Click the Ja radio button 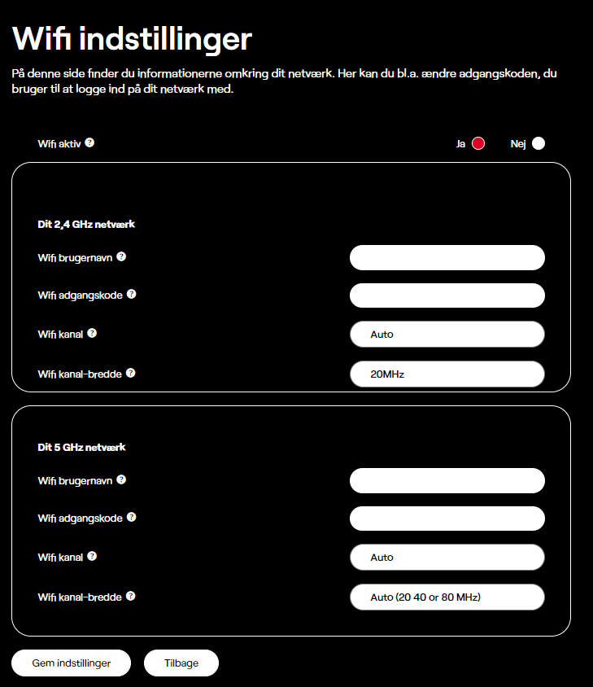[x=478, y=144]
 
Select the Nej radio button [x=538, y=144]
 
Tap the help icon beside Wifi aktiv [x=89, y=142]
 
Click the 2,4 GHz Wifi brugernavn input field [x=447, y=257]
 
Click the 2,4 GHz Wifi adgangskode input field [x=447, y=295]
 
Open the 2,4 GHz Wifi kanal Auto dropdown [x=447, y=334]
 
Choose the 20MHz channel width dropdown [x=447, y=374]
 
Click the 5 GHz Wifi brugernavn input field [x=447, y=480]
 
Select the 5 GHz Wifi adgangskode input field [x=447, y=519]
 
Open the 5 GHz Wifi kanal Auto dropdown [x=447, y=558]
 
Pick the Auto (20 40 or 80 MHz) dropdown [x=447, y=597]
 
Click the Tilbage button [x=181, y=663]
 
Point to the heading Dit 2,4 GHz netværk [x=86, y=224]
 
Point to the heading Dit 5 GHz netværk [x=81, y=447]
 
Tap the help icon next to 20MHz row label [x=130, y=373]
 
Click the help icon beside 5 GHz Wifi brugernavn [x=121, y=479]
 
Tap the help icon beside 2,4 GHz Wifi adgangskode [x=132, y=294]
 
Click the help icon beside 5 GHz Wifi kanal [x=92, y=556]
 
